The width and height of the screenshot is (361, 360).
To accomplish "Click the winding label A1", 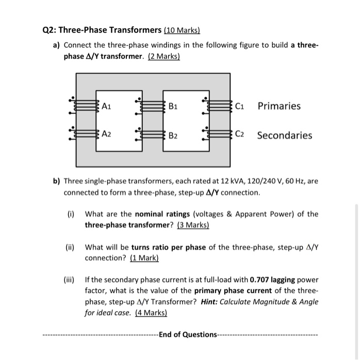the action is [106, 107].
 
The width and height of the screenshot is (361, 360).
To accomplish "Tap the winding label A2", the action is [106, 134].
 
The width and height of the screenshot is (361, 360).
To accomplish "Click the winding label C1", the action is [240, 107].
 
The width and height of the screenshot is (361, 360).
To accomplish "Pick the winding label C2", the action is [240, 135].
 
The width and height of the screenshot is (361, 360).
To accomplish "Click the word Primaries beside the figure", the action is [279, 106].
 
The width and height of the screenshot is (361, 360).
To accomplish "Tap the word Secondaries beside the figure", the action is [284, 135].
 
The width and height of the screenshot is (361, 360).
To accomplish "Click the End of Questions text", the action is [188, 335].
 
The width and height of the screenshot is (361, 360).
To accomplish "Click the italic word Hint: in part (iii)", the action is [238, 302].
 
